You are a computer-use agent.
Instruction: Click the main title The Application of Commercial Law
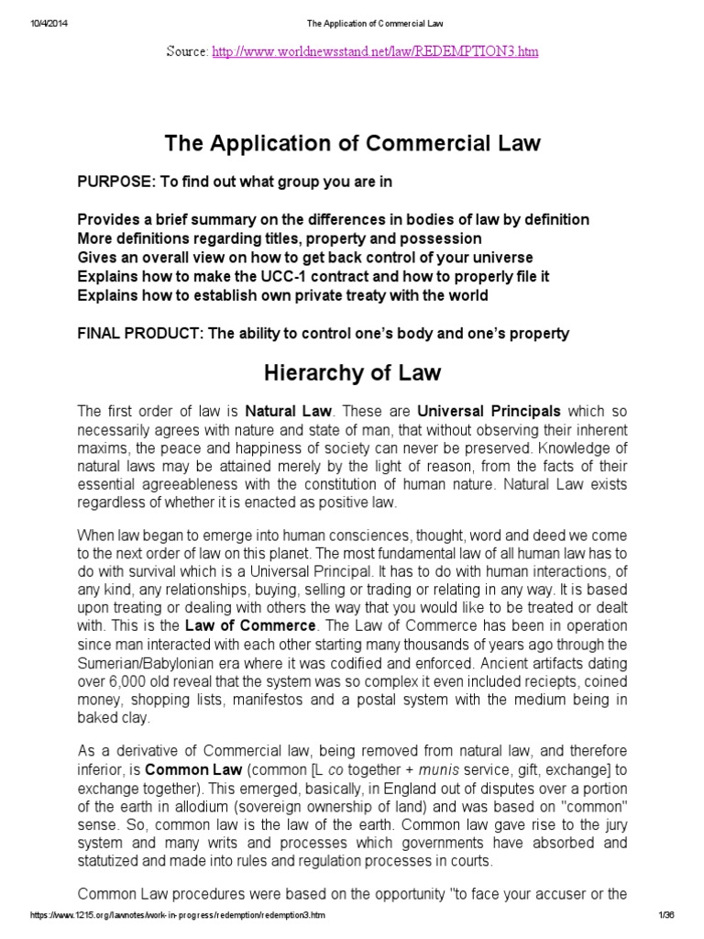pos(352,144)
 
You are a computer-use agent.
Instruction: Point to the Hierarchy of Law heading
pos(352,373)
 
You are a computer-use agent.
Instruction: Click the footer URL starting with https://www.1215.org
pos(177,917)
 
